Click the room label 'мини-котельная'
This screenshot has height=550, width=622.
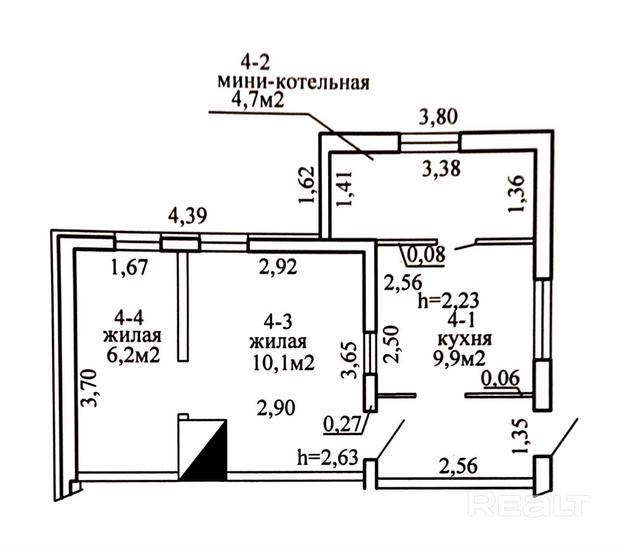pyautogui.click(x=293, y=82)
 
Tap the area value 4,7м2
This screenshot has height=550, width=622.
pyautogui.click(x=257, y=100)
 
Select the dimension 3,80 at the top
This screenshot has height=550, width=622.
pyautogui.click(x=438, y=116)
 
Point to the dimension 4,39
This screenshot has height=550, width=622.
pyautogui.click(x=187, y=216)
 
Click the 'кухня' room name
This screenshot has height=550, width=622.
pyautogui.click(x=465, y=340)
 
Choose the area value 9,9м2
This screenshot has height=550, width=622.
pyautogui.click(x=460, y=358)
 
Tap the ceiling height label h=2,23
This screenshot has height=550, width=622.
pyautogui.click(x=448, y=301)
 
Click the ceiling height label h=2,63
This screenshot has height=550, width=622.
pyautogui.click(x=327, y=457)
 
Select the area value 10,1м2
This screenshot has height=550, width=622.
pyautogui.click(x=283, y=363)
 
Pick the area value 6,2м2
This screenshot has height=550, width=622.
pyautogui.click(x=133, y=355)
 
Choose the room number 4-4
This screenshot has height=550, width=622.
pyautogui.click(x=129, y=318)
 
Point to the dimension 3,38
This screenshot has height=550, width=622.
pyautogui.click(x=441, y=169)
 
